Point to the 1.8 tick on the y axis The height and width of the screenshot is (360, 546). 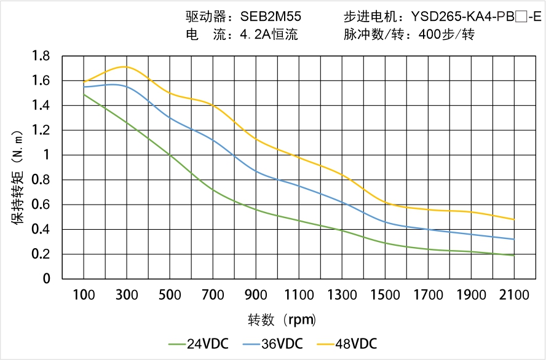coord(41,57)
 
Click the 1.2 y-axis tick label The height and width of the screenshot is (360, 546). coord(41,130)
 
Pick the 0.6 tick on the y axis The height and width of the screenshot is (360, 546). coord(41,205)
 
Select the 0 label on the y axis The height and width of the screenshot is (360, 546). coord(46,279)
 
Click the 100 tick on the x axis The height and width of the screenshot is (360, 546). coord(84,295)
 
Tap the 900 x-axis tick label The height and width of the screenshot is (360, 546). coord(256,295)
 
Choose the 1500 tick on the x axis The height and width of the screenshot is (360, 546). coord(385,295)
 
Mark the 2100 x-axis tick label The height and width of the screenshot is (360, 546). coord(514,295)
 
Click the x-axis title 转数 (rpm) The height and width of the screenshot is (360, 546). coord(282,320)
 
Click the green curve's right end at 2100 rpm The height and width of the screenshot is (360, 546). coord(514,255)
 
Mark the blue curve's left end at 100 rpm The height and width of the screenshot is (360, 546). coord(84,87)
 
